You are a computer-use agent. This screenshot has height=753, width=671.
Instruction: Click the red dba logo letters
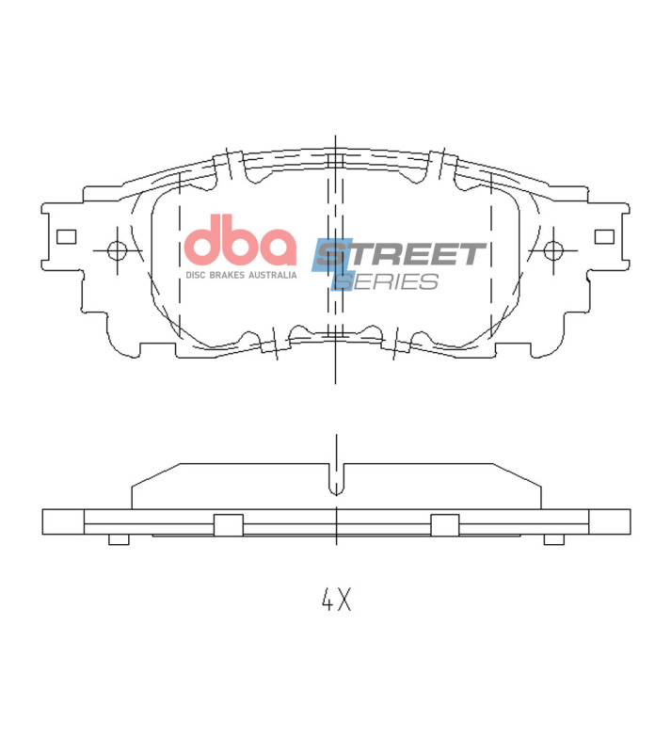tap(239, 243)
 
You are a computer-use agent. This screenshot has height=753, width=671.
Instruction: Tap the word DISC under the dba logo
tap(196, 275)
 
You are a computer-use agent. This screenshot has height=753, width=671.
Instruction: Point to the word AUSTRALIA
tap(273, 275)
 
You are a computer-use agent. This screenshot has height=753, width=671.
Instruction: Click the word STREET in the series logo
tap(400, 254)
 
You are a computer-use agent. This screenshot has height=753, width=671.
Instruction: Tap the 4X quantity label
tap(335, 600)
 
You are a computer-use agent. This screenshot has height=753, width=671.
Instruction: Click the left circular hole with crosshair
tap(118, 250)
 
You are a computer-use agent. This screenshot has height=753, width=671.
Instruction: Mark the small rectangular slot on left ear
tap(66, 236)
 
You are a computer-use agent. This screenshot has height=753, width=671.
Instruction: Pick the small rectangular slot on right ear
tap(604, 236)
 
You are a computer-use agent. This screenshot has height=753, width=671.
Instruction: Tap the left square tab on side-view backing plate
tap(228, 525)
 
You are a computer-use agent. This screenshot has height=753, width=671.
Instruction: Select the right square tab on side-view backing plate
tap(444, 525)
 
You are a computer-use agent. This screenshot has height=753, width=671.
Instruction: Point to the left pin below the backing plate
tap(118, 539)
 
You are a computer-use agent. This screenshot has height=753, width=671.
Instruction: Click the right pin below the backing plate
tap(554, 539)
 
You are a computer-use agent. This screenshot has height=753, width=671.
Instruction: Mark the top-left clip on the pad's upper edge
tap(229, 167)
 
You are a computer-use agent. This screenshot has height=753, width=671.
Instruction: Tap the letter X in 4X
tap(344, 600)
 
